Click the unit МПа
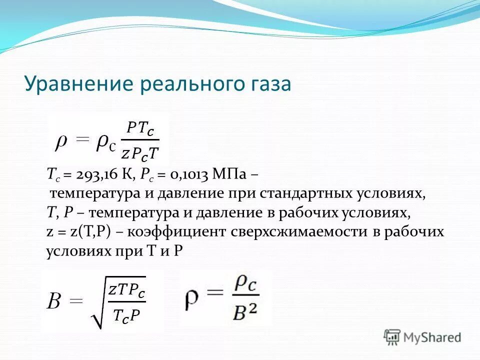(229, 174)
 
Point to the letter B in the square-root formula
(54, 302)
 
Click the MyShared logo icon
(392, 337)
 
